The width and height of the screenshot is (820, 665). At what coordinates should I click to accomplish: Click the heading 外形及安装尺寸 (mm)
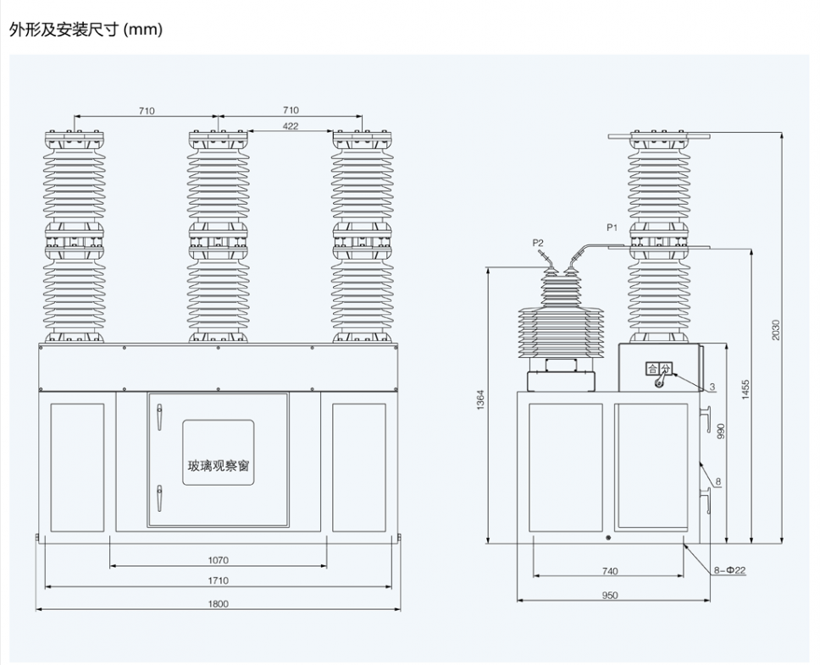(x=85, y=30)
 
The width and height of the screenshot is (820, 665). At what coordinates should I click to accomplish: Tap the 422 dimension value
(x=290, y=126)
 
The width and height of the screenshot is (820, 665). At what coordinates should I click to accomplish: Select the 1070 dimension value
(x=219, y=559)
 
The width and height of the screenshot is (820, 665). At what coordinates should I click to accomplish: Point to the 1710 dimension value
(x=219, y=580)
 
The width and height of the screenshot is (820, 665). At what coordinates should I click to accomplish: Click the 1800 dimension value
(x=219, y=603)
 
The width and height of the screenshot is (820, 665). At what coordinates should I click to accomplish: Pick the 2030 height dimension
(x=775, y=330)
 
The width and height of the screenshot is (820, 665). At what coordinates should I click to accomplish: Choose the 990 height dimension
(x=721, y=431)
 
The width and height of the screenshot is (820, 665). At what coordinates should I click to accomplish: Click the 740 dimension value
(x=609, y=571)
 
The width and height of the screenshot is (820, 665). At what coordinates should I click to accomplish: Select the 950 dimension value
(x=609, y=595)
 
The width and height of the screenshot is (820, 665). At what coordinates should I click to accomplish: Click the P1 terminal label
(x=612, y=228)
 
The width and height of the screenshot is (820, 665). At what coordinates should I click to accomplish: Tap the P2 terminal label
(x=538, y=243)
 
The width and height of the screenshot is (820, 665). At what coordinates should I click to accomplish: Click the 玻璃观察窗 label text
(x=218, y=465)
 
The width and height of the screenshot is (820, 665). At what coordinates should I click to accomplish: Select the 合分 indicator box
(x=658, y=368)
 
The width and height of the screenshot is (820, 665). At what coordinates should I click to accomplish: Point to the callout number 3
(x=712, y=387)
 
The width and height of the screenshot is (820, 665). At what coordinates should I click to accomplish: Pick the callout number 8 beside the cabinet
(x=717, y=482)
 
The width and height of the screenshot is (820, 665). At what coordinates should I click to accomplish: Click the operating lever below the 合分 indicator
(x=658, y=384)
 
